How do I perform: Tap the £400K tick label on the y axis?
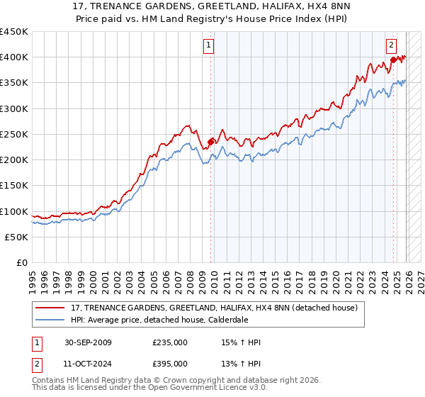coord(14,57)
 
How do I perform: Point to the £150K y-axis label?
coord(14,186)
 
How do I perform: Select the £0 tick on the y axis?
coord(22,263)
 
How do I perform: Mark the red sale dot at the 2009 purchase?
coord(210,142)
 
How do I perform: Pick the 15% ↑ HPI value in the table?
coord(241,342)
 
